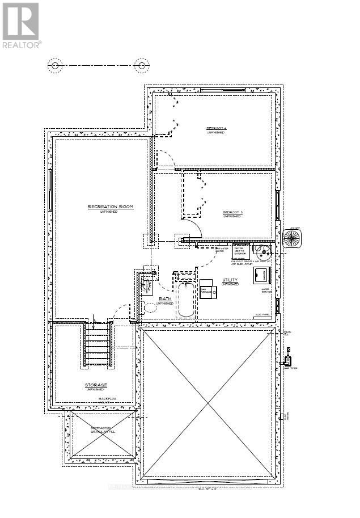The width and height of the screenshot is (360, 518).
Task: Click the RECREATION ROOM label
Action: (110, 207)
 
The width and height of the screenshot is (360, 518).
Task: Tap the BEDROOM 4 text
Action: (216, 129)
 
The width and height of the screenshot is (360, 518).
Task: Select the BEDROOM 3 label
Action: (232, 213)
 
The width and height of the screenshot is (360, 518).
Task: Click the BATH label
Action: (165, 298)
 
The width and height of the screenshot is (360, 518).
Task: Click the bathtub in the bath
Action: (185, 298)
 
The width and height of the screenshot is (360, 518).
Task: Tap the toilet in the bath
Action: (150, 308)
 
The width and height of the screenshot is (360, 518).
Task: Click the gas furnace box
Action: (206, 288)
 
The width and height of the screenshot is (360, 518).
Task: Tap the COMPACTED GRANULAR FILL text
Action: (103, 429)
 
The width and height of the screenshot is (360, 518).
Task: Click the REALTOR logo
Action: (22, 26)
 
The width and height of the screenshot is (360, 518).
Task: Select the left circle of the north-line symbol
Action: (55, 66)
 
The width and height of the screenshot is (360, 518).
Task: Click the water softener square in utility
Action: (262, 275)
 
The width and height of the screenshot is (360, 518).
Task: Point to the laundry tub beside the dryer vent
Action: (262, 250)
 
